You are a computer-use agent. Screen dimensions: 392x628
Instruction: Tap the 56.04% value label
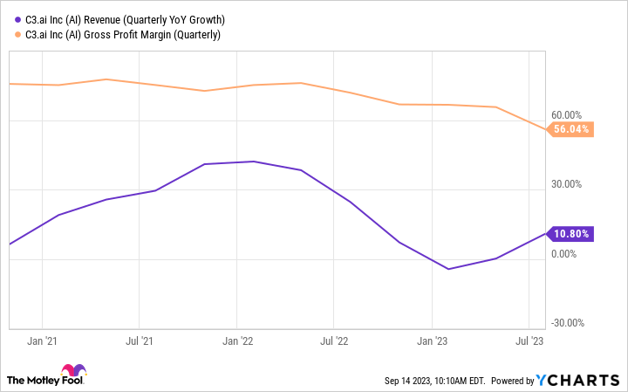571,129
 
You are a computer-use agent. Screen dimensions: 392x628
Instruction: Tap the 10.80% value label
571,234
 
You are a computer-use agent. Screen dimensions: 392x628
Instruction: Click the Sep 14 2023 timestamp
433,381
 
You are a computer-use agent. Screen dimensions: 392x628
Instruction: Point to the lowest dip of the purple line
448,269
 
